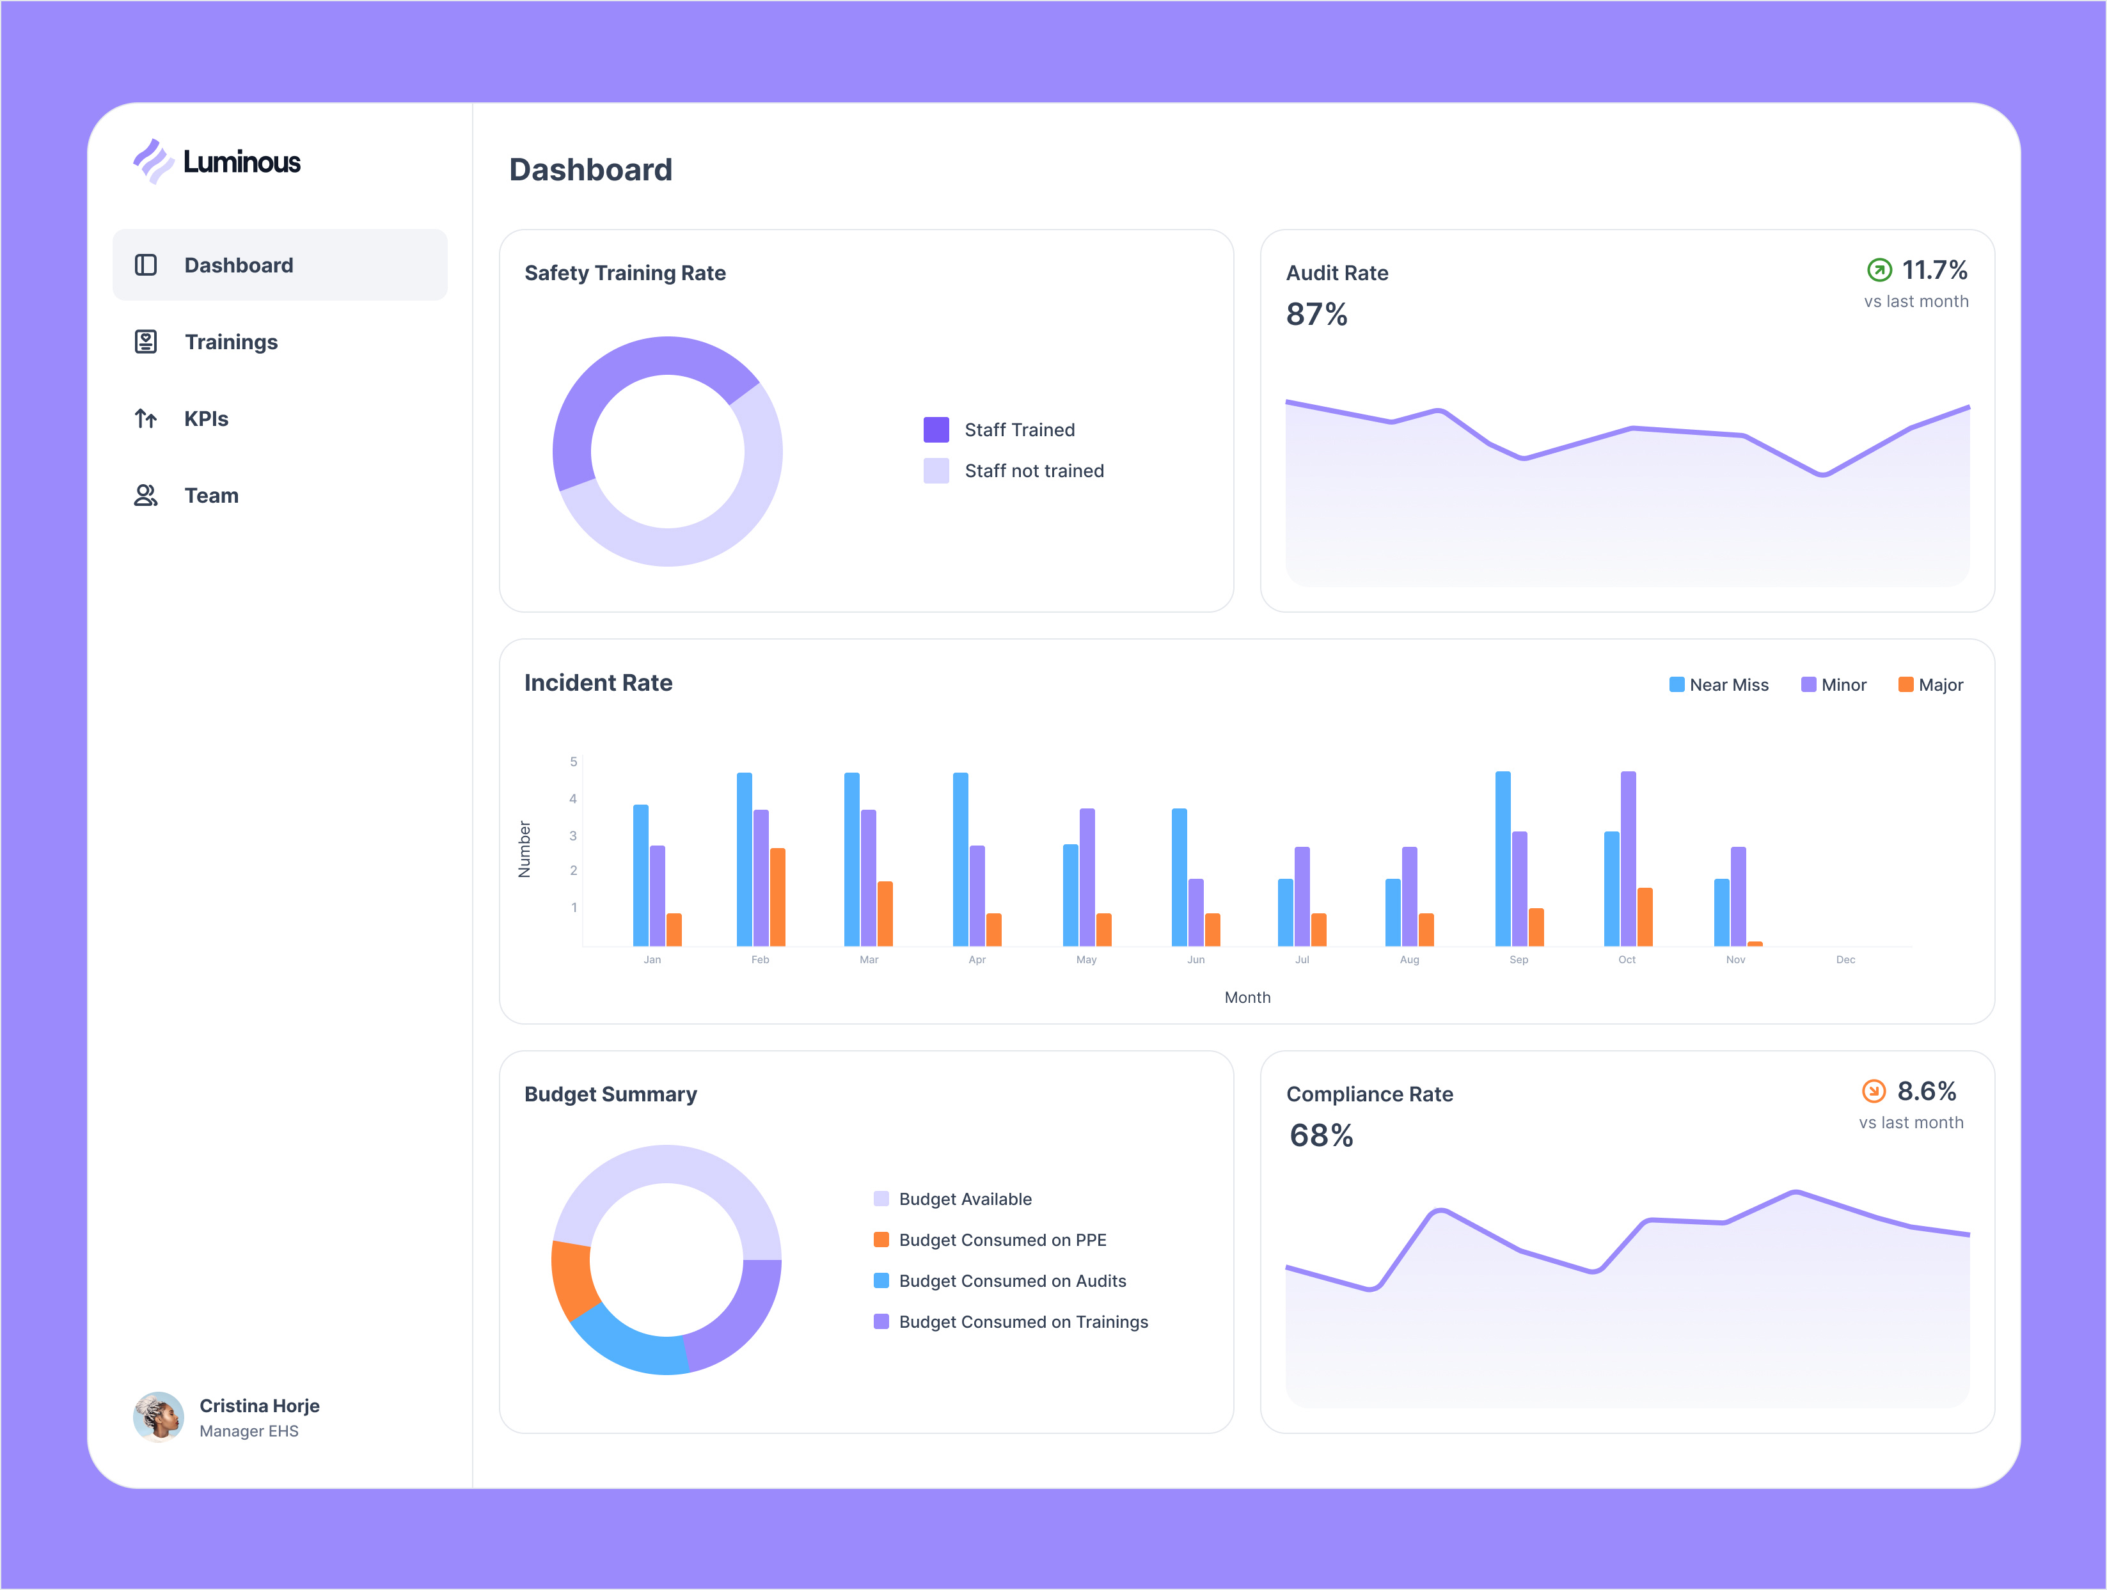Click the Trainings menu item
[230, 342]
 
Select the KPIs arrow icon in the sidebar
[146, 419]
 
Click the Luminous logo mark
[152, 161]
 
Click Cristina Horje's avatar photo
[158, 1417]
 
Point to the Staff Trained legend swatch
[935, 430]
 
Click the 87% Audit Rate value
[1316, 315]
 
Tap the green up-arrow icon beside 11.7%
[1879, 271]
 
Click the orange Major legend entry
[1931, 685]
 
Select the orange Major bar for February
[777, 897]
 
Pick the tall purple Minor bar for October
[1628, 858]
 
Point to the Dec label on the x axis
[1845, 959]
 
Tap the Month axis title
[1247, 998]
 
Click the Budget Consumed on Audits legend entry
[1011, 1281]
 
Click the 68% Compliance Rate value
[1320, 1136]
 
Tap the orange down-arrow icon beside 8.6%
[1873, 1090]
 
